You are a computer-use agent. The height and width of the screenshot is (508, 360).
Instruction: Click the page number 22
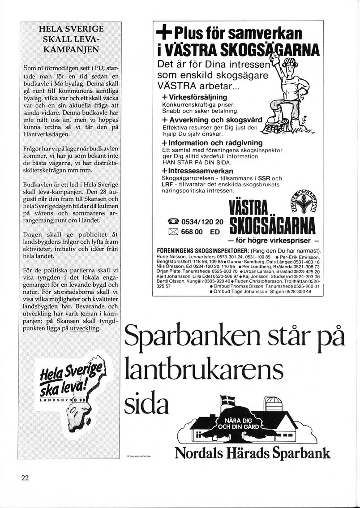coord(25,478)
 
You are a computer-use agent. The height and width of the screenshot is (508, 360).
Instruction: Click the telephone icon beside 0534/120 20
coord(173,222)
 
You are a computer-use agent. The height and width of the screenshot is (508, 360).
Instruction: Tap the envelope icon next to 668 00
coord(173,232)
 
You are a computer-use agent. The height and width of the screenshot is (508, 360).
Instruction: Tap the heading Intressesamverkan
coord(197,171)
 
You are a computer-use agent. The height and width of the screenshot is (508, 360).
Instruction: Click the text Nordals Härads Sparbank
coord(253,453)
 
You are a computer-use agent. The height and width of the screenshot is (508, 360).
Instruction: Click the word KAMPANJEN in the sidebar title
coord(71,50)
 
